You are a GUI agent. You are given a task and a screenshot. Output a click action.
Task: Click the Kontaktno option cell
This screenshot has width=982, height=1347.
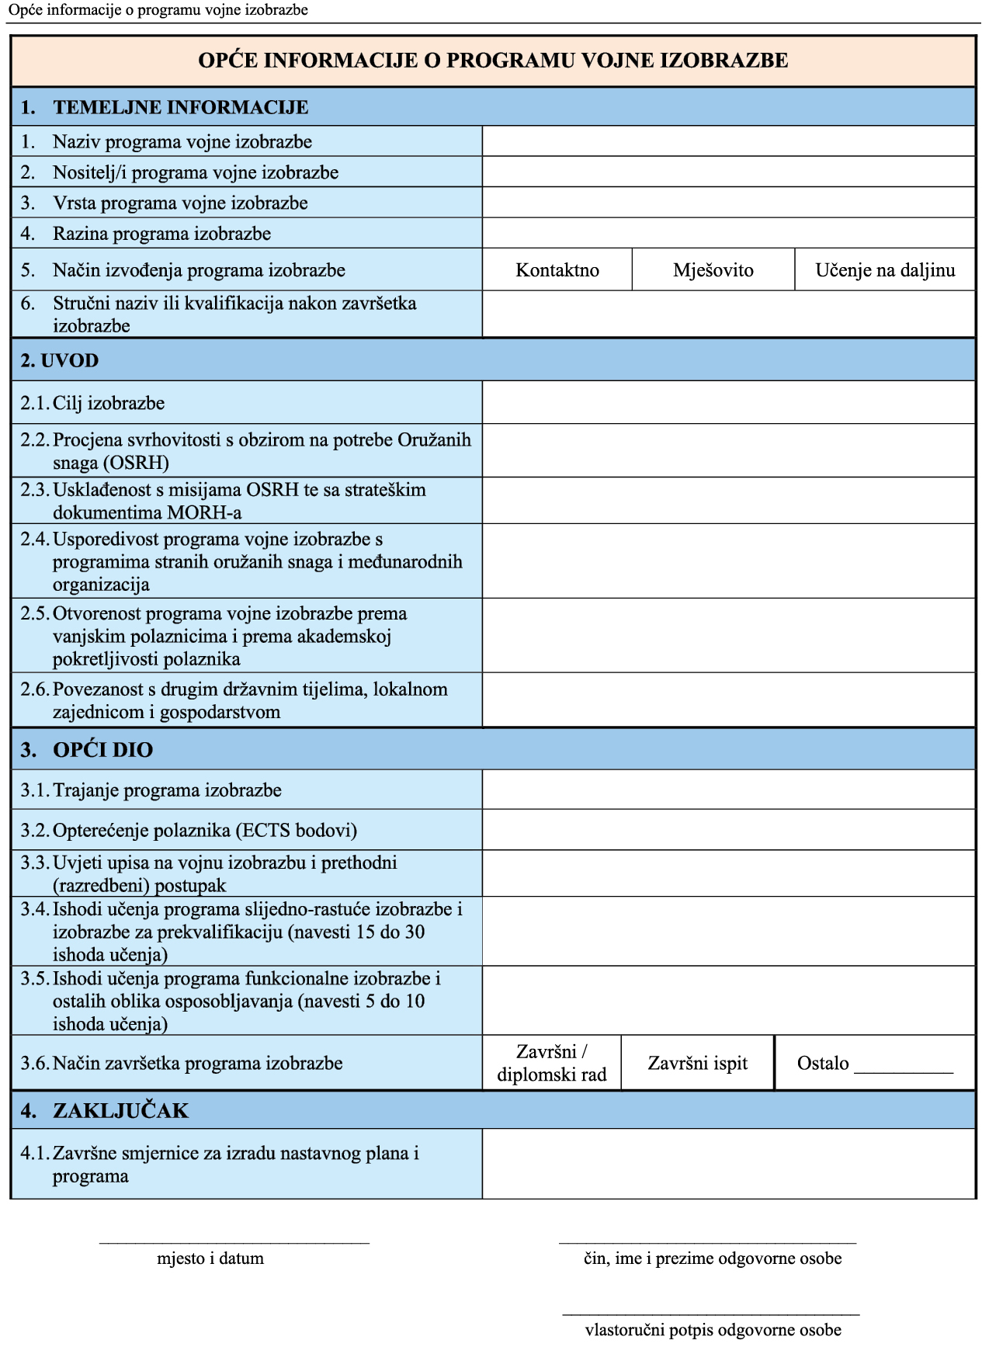tap(557, 270)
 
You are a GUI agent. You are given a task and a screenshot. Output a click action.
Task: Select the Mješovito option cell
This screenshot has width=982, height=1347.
tap(713, 270)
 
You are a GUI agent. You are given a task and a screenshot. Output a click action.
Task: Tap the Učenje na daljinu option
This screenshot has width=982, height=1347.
tap(885, 270)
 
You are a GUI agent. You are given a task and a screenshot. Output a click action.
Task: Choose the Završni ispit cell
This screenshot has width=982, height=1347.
tap(698, 1063)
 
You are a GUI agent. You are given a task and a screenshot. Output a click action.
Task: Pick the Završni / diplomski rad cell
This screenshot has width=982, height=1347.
tap(552, 1063)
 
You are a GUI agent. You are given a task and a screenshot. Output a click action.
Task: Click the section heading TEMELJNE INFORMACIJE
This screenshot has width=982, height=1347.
tap(180, 107)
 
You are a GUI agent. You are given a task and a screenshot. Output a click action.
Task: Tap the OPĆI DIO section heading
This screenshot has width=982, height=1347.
tap(102, 749)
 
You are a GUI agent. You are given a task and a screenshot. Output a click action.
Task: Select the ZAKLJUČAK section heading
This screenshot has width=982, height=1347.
tap(120, 1110)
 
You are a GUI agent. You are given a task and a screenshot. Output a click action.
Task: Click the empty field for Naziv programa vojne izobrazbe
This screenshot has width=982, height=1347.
tap(728, 141)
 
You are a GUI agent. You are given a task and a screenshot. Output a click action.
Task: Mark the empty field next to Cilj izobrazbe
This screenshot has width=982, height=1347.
tap(728, 402)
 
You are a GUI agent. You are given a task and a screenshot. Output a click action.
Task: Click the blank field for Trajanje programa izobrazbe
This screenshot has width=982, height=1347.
tap(728, 790)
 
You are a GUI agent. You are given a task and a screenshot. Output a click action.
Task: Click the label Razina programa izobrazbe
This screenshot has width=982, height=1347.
tap(161, 234)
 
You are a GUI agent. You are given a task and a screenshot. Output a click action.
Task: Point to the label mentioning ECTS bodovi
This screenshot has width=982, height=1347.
tap(205, 830)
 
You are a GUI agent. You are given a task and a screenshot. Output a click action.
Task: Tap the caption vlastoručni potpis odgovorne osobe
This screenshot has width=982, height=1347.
tap(713, 1330)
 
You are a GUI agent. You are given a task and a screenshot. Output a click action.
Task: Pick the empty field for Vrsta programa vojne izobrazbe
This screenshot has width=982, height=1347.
tap(728, 203)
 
